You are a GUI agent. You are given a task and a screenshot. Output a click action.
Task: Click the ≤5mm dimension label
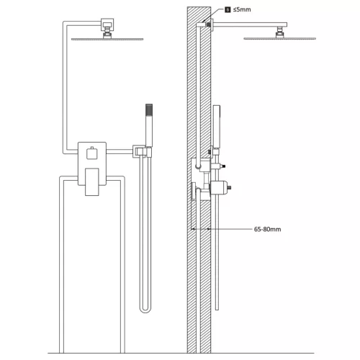click(242, 9)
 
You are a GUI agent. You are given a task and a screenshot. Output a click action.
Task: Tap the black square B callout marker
click(228, 9)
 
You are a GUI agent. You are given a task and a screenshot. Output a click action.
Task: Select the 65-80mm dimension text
click(267, 229)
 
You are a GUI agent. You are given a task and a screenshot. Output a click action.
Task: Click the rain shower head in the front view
click(107, 39)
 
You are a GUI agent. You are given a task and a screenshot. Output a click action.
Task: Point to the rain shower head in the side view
click(279, 38)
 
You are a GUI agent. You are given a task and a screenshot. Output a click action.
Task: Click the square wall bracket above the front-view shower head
click(107, 24)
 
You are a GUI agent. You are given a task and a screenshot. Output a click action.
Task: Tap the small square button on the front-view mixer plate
click(92, 153)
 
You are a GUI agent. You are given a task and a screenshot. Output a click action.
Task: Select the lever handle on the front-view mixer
click(92, 181)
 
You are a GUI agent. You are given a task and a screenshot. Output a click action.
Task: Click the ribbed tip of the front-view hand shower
click(149, 109)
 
